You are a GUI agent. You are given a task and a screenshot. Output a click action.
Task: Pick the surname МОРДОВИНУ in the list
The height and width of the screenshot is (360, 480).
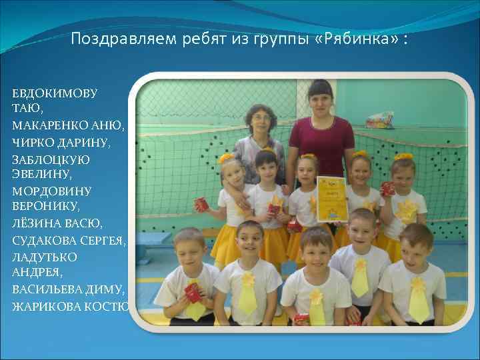(51, 191)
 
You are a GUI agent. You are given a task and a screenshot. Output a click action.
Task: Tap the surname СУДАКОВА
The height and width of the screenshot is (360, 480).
(43, 239)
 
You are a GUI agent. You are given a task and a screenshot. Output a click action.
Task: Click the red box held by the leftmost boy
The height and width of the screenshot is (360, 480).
(192, 291)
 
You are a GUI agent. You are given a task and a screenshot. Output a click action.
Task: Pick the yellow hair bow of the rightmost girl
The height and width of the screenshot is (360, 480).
(403, 158)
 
